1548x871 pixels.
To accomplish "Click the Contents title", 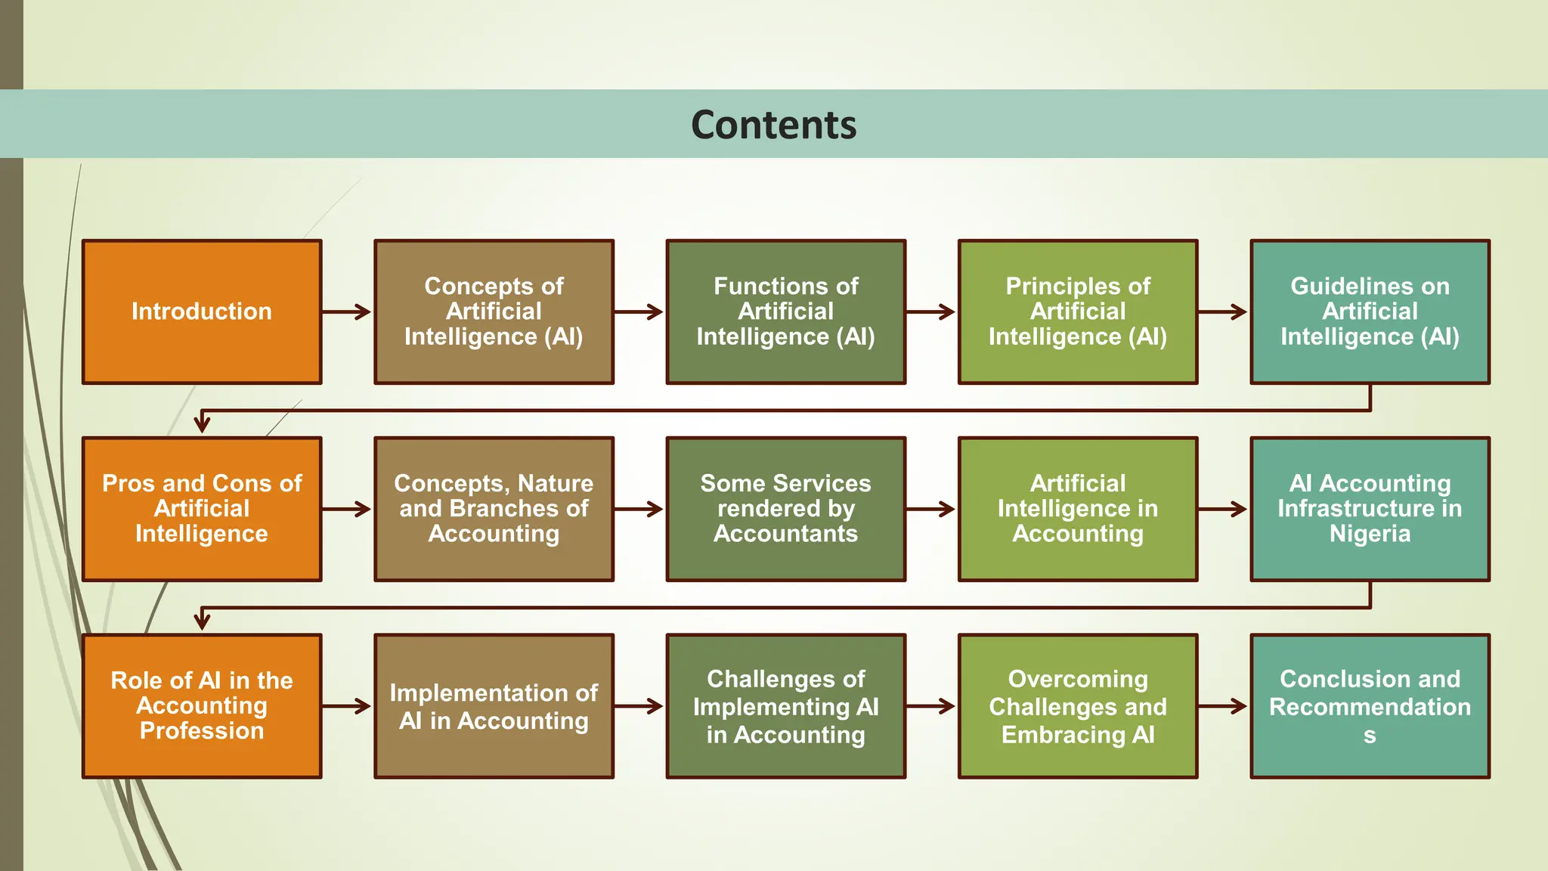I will coord(773,125).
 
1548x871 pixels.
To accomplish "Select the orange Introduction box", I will coord(202,312).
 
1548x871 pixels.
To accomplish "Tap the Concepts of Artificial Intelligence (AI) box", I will coord(494,312).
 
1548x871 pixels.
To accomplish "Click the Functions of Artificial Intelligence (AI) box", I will coord(785,312).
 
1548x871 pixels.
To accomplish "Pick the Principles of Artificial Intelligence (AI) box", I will coord(1077,312).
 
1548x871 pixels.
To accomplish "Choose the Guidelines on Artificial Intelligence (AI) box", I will coord(1370,312).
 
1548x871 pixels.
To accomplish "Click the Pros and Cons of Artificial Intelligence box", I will coord(202,509).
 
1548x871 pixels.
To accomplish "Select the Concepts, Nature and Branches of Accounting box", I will coord(494,509).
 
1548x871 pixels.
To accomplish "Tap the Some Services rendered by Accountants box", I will coord(785,509).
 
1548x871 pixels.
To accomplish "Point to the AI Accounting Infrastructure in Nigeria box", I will coord(1370,509).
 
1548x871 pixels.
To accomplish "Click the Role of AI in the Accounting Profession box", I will coord(202,705).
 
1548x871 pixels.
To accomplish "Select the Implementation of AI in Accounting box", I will coord(494,705).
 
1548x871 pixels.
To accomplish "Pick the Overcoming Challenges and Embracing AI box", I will coord(1077,705).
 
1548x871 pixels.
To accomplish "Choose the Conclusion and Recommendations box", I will coord(1370,705).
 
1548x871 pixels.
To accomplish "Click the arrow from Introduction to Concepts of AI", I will coord(348,312).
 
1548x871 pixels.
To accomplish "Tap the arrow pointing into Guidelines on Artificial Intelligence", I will coord(1224,312).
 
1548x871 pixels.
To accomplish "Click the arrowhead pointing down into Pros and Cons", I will coord(202,423).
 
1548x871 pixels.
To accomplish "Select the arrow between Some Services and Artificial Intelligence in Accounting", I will coord(932,509).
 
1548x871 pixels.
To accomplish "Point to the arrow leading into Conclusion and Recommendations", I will coord(1224,706).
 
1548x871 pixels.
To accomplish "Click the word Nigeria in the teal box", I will coord(1370,534).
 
